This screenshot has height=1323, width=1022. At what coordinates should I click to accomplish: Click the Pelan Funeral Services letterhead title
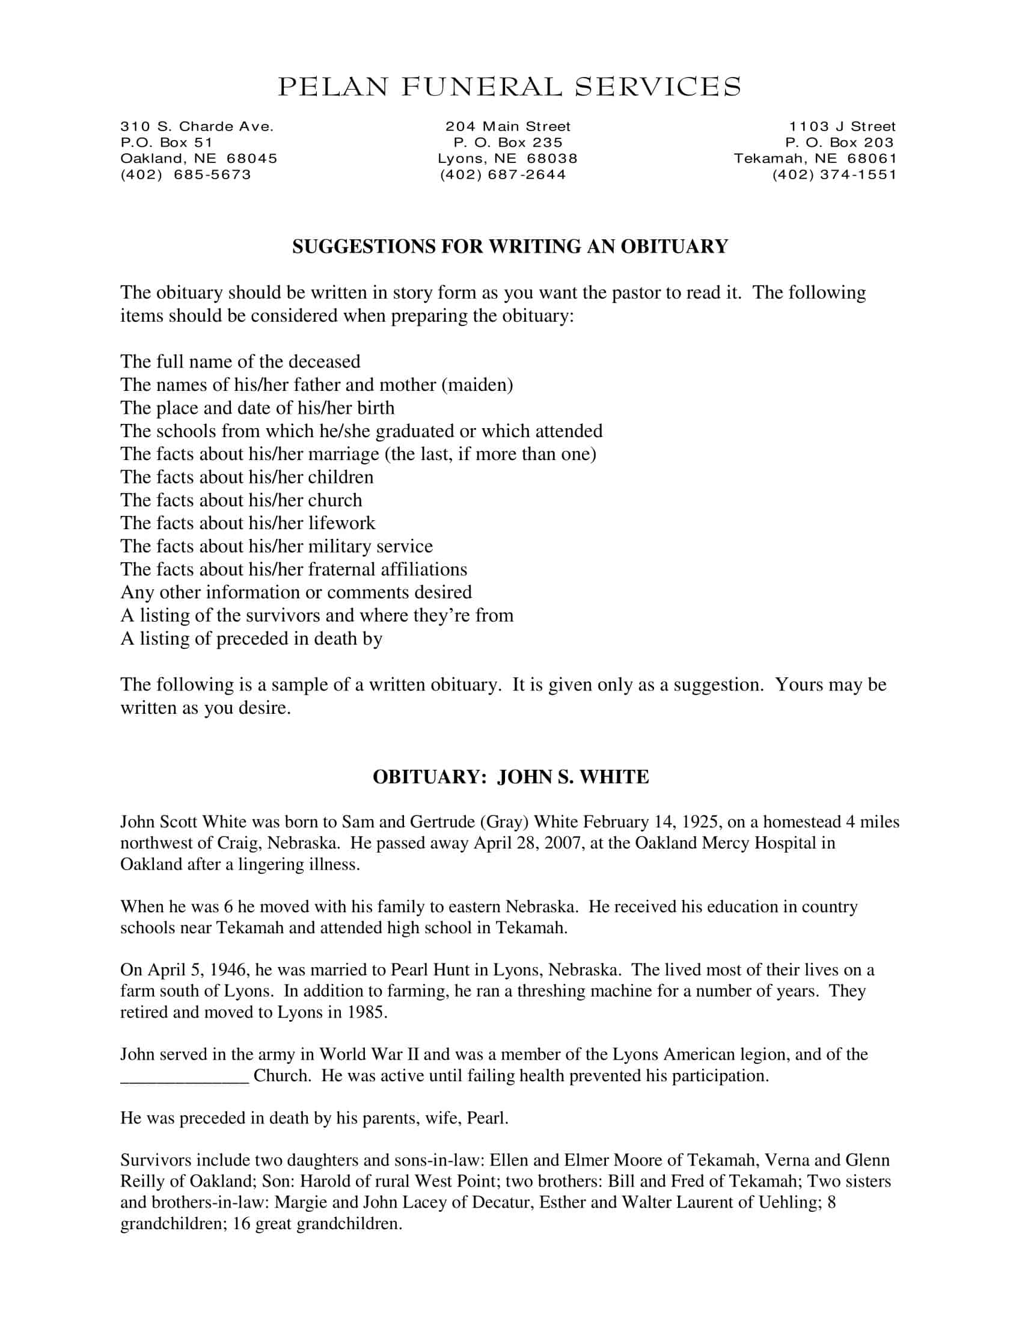pyautogui.click(x=509, y=87)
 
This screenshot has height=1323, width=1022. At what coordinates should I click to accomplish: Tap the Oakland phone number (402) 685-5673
pyautogui.click(x=186, y=175)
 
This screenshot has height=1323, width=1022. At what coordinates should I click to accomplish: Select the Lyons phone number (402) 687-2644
pyautogui.click(x=503, y=175)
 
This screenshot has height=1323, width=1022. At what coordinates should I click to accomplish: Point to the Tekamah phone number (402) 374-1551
pyautogui.click(x=834, y=175)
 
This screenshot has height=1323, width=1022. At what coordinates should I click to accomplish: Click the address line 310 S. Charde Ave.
pyautogui.click(x=197, y=127)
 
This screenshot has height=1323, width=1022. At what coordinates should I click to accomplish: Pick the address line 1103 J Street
pyautogui.click(x=842, y=127)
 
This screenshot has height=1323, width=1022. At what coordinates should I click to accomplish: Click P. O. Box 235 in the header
pyautogui.click(x=508, y=143)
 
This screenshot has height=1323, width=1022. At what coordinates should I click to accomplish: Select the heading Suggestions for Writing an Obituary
pyautogui.click(x=510, y=247)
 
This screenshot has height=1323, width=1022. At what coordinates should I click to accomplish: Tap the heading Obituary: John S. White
pyautogui.click(x=510, y=777)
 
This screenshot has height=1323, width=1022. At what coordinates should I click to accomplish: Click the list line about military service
pyautogui.click(x=277, y=547)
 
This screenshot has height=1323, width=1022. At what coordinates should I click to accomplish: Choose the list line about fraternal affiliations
pyautogui.click(x=293, y=569)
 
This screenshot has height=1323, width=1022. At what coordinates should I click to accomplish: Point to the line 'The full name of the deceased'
pyautogui.click(x=240, y=361)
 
